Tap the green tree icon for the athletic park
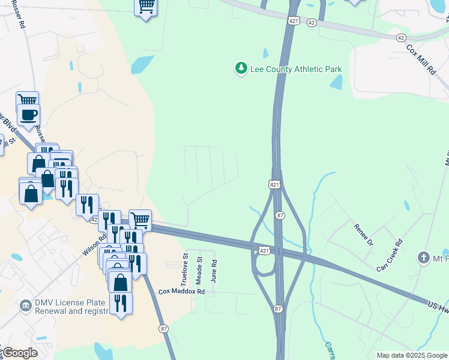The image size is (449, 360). (x=241, y=69)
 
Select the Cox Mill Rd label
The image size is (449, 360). (x=420, y=58)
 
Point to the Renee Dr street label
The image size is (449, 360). (x=363, y=235)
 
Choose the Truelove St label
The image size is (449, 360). (x=185, y=269)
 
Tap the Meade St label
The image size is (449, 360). (x=200, y=269)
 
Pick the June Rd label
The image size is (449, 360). (x=214, y=271)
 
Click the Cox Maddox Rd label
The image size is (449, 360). (x=182, y=292)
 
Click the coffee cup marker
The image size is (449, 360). (x=28, y=114)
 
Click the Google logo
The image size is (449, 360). (x=20, y=353)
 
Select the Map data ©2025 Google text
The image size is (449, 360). (x=412, y=356)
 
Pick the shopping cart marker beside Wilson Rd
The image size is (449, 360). (x=140, y=220)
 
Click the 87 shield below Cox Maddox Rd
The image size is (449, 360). (x=163, y=329)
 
